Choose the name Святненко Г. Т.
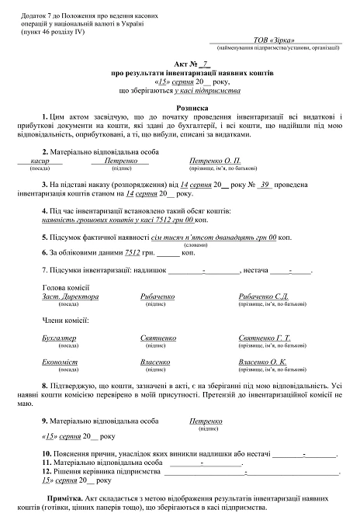(265, 338)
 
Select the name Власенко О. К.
(263, 362)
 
